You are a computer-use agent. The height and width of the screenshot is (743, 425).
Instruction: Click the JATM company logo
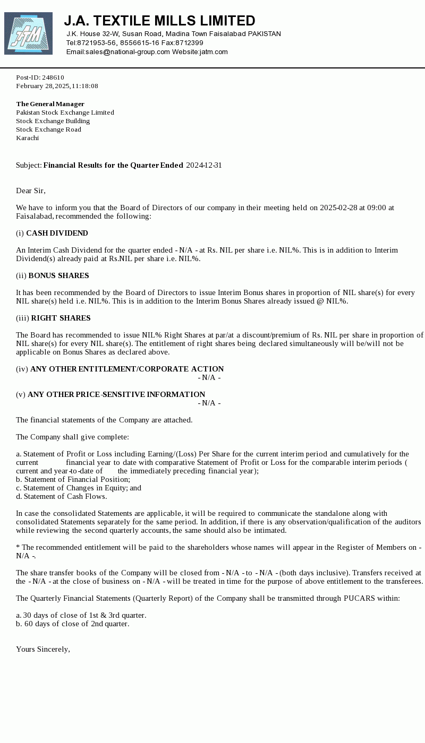coord(28,33)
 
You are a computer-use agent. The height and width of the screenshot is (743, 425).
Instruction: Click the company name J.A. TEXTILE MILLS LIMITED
coord(159,21)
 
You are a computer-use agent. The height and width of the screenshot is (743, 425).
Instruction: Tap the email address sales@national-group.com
coord(127,52)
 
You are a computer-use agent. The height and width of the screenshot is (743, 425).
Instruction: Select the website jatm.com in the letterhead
coord(214,52)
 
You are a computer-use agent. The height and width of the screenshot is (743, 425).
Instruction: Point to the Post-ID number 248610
coord(53,77)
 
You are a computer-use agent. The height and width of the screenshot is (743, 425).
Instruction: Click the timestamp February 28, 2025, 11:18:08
coord(57,86)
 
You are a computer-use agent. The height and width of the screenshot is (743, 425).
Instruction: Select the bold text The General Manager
coord(50,104)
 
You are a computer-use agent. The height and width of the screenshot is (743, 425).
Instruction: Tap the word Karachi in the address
coord(28,138)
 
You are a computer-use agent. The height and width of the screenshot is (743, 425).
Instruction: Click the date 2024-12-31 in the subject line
coord(204,165)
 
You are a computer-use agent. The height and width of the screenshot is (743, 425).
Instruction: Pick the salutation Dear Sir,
coord(31,191)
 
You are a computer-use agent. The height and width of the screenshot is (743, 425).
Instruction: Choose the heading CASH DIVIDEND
coord(57,233)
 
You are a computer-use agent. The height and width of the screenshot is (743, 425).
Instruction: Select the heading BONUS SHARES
coord(58,275)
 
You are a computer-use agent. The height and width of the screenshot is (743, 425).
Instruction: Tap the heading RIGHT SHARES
coord(61,318)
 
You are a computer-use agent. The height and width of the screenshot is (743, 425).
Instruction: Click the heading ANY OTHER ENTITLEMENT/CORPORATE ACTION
coord(127,369)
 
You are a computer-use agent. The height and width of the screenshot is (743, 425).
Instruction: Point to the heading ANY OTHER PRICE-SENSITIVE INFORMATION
coord(116,394)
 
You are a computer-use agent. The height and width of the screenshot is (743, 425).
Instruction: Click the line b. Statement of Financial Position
coord(73,479)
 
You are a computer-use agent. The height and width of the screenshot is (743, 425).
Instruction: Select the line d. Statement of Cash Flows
coord(61,496)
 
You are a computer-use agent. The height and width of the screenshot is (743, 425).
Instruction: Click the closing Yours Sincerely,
coord(43,649)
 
